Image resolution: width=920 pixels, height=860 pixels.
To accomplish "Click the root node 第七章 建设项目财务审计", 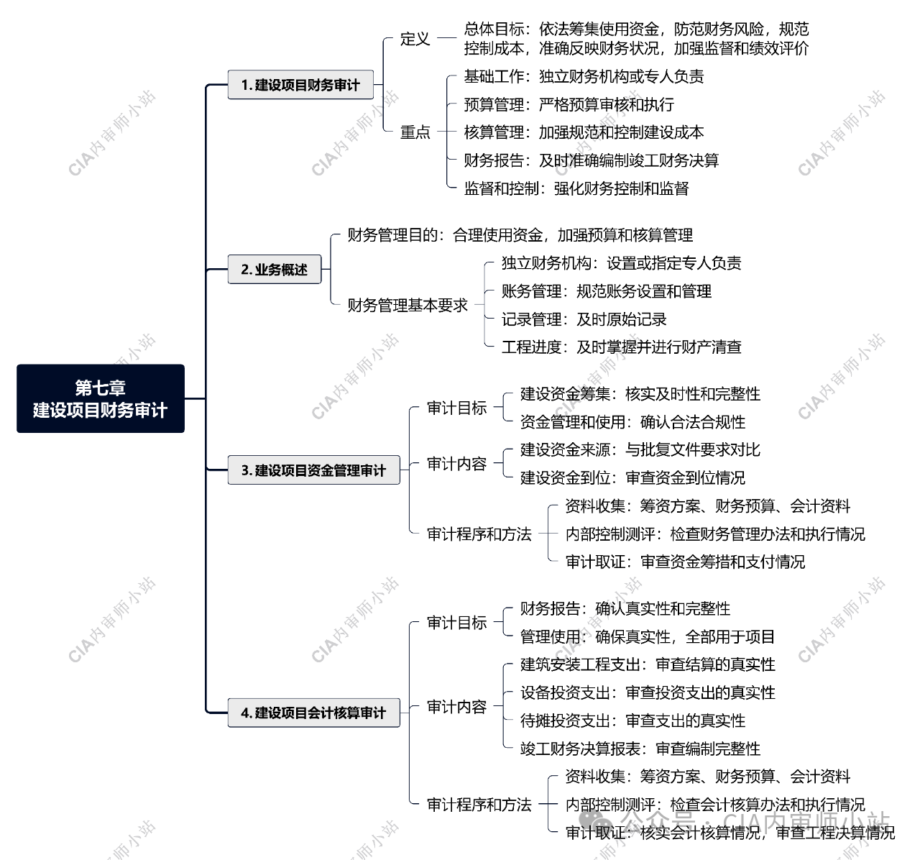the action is (101, 398).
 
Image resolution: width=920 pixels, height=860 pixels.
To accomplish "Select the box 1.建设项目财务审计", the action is (300, 85).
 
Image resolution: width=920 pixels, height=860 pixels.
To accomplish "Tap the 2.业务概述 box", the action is (275, 270).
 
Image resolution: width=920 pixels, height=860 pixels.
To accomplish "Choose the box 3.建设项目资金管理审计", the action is (313, 470).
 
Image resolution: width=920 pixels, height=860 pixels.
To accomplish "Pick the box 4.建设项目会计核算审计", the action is (313, 713).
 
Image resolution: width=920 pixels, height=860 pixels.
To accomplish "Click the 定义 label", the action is (415, 39).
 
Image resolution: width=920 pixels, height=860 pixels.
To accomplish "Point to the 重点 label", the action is (415, 132).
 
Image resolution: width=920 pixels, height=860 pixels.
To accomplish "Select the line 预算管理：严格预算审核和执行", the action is (569, 105).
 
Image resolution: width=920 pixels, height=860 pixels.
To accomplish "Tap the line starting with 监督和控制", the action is (576, 188).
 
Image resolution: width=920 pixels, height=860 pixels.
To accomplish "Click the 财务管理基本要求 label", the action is (408, 306).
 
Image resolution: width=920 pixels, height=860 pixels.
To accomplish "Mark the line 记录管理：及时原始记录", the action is (584, 319).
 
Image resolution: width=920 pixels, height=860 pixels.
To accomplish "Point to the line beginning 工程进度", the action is (621, 347).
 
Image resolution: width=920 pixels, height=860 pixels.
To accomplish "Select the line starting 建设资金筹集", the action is (640, 394).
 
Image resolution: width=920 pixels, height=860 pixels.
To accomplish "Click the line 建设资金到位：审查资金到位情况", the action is (632, 478).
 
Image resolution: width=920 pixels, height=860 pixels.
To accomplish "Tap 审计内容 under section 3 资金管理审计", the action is (456, 464).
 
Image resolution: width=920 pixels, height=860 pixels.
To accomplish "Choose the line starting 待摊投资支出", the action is (632, 721).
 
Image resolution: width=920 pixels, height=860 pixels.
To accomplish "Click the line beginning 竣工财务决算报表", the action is (640, 749).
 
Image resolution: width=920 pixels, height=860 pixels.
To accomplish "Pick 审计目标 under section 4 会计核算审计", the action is (456, 623).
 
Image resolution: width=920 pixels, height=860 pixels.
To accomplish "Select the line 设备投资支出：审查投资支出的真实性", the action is (648, 692).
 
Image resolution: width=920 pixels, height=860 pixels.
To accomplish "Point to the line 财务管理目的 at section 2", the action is (520, 236).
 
